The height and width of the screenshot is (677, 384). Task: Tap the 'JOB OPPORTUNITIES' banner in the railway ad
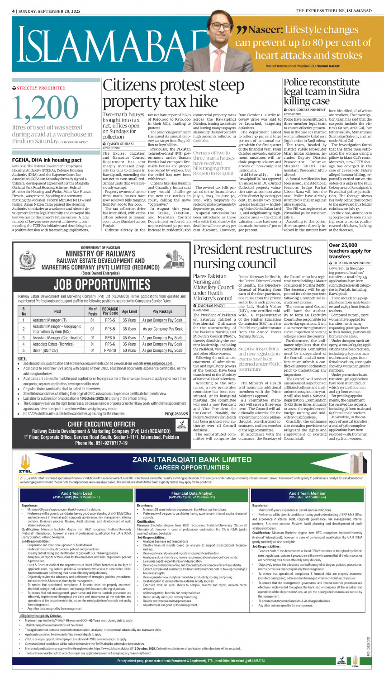(102, 284)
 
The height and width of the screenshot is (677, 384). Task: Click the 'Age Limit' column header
(129, 311)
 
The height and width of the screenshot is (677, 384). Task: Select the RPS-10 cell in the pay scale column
(110, 350)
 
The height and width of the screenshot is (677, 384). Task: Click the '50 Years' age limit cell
(129, 350)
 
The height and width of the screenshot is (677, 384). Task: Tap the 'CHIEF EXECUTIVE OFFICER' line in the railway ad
(101, 424)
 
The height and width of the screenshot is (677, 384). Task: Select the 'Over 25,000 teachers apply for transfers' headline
(350, 251)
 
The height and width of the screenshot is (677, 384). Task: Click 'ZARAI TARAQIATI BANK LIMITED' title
(192, 459)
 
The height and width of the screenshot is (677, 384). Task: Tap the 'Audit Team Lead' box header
(76, 495)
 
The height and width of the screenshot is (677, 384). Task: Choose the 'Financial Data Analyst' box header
(192, 495)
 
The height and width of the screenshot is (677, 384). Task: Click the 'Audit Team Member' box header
(307, 495)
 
